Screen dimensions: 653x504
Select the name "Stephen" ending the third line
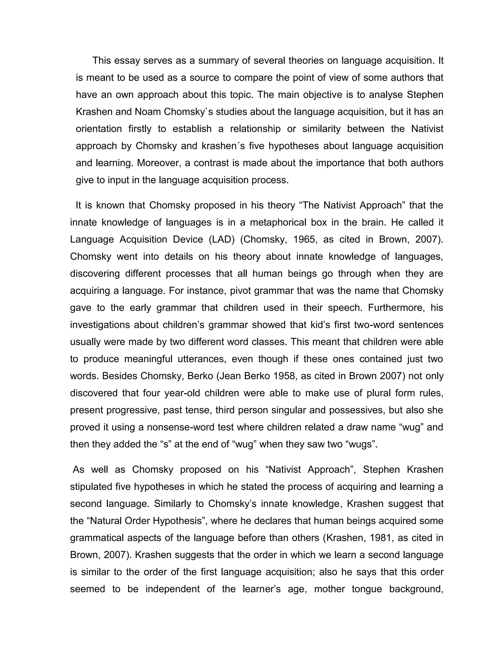[425, 95]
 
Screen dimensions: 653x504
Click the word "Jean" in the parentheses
[229, 376]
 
